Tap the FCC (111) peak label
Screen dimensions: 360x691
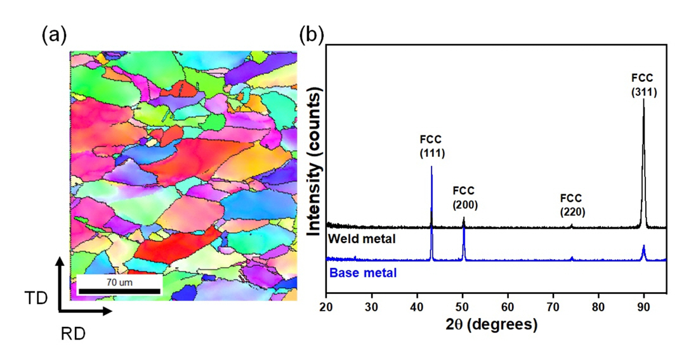432,145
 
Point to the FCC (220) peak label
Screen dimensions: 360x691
571,204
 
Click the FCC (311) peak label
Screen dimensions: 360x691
644,84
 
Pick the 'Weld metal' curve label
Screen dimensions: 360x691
362,239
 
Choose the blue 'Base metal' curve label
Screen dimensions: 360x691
362,273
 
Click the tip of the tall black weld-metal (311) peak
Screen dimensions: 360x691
644,99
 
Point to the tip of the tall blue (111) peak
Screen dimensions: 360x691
432,167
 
